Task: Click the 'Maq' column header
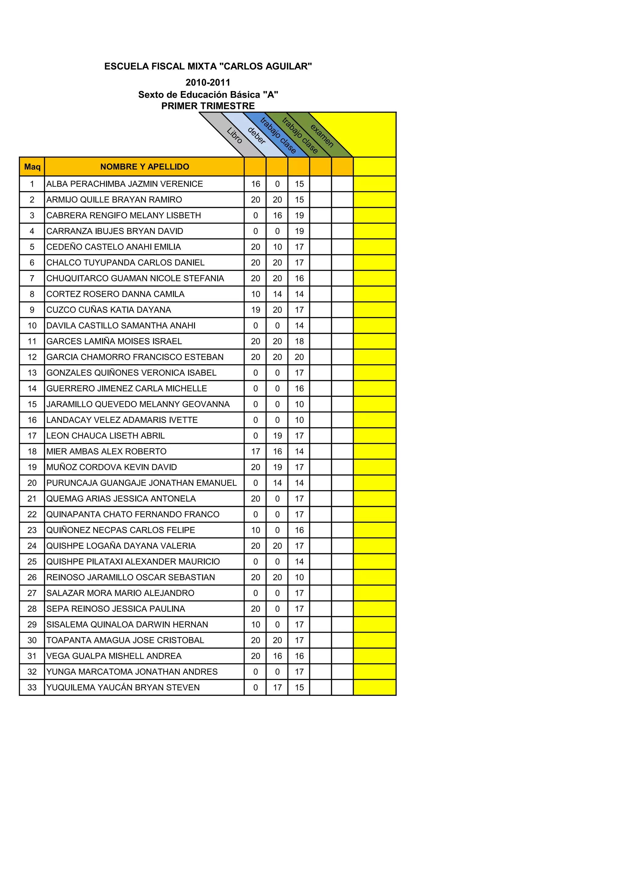coord(32,166)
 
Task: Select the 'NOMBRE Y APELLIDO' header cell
coord(144,166)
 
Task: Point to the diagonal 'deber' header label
coord(257,135)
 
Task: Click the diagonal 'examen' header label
coord(322,135)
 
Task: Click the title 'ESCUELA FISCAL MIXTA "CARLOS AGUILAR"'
coord(208,66)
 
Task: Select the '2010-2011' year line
coord(208,82)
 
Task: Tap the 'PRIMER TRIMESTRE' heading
coord(208,106)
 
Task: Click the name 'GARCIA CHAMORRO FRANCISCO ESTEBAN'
coord(135,357)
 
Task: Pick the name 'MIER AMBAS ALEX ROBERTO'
coord(107,451)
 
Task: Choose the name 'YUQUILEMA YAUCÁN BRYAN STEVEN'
coord(123,687)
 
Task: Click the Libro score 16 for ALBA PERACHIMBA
coord(256,184)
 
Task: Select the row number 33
coord(32,687)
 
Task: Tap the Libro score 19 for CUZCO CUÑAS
coord(256,310)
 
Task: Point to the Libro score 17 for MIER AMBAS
coord(256,451)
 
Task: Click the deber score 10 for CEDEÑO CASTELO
coord(277,247)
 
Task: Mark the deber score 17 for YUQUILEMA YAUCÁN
coord(277,687)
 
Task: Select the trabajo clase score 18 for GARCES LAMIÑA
coord(299,341)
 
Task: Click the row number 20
coord(32,483)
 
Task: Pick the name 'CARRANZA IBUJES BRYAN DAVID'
coord(115,231)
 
